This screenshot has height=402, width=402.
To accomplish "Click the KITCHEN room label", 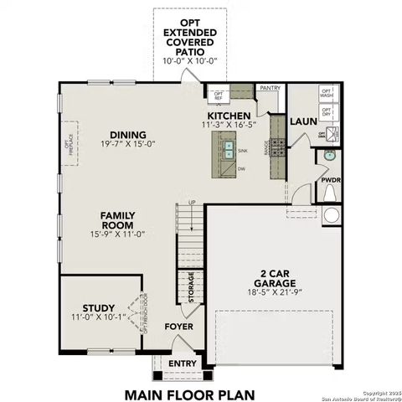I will (x=229, y=116).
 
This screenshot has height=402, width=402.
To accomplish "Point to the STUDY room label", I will (x=100, y=308).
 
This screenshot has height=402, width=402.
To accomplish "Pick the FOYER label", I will (x=178, y=327).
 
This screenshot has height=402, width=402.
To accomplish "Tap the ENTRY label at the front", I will (x=183, y=363).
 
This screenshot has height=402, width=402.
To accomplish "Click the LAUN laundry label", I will (x=302, y=121).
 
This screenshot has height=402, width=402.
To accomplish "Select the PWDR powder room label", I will (x=331, y=179).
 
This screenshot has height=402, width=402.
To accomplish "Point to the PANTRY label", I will (x=270, y=87).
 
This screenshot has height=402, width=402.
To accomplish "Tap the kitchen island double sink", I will (x=228, y=151).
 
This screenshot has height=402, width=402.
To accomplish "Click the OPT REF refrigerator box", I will (x=219, y=95).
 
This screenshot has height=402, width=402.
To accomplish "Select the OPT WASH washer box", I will (x=327, y=95).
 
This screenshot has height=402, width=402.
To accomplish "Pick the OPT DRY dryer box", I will (x=327, y=115).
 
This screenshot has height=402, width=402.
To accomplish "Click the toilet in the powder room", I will (x=330, y=193).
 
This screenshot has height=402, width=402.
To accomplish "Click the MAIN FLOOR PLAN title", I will (x=189, y=393).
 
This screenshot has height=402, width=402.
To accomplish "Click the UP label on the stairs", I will (x=192, y=202).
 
